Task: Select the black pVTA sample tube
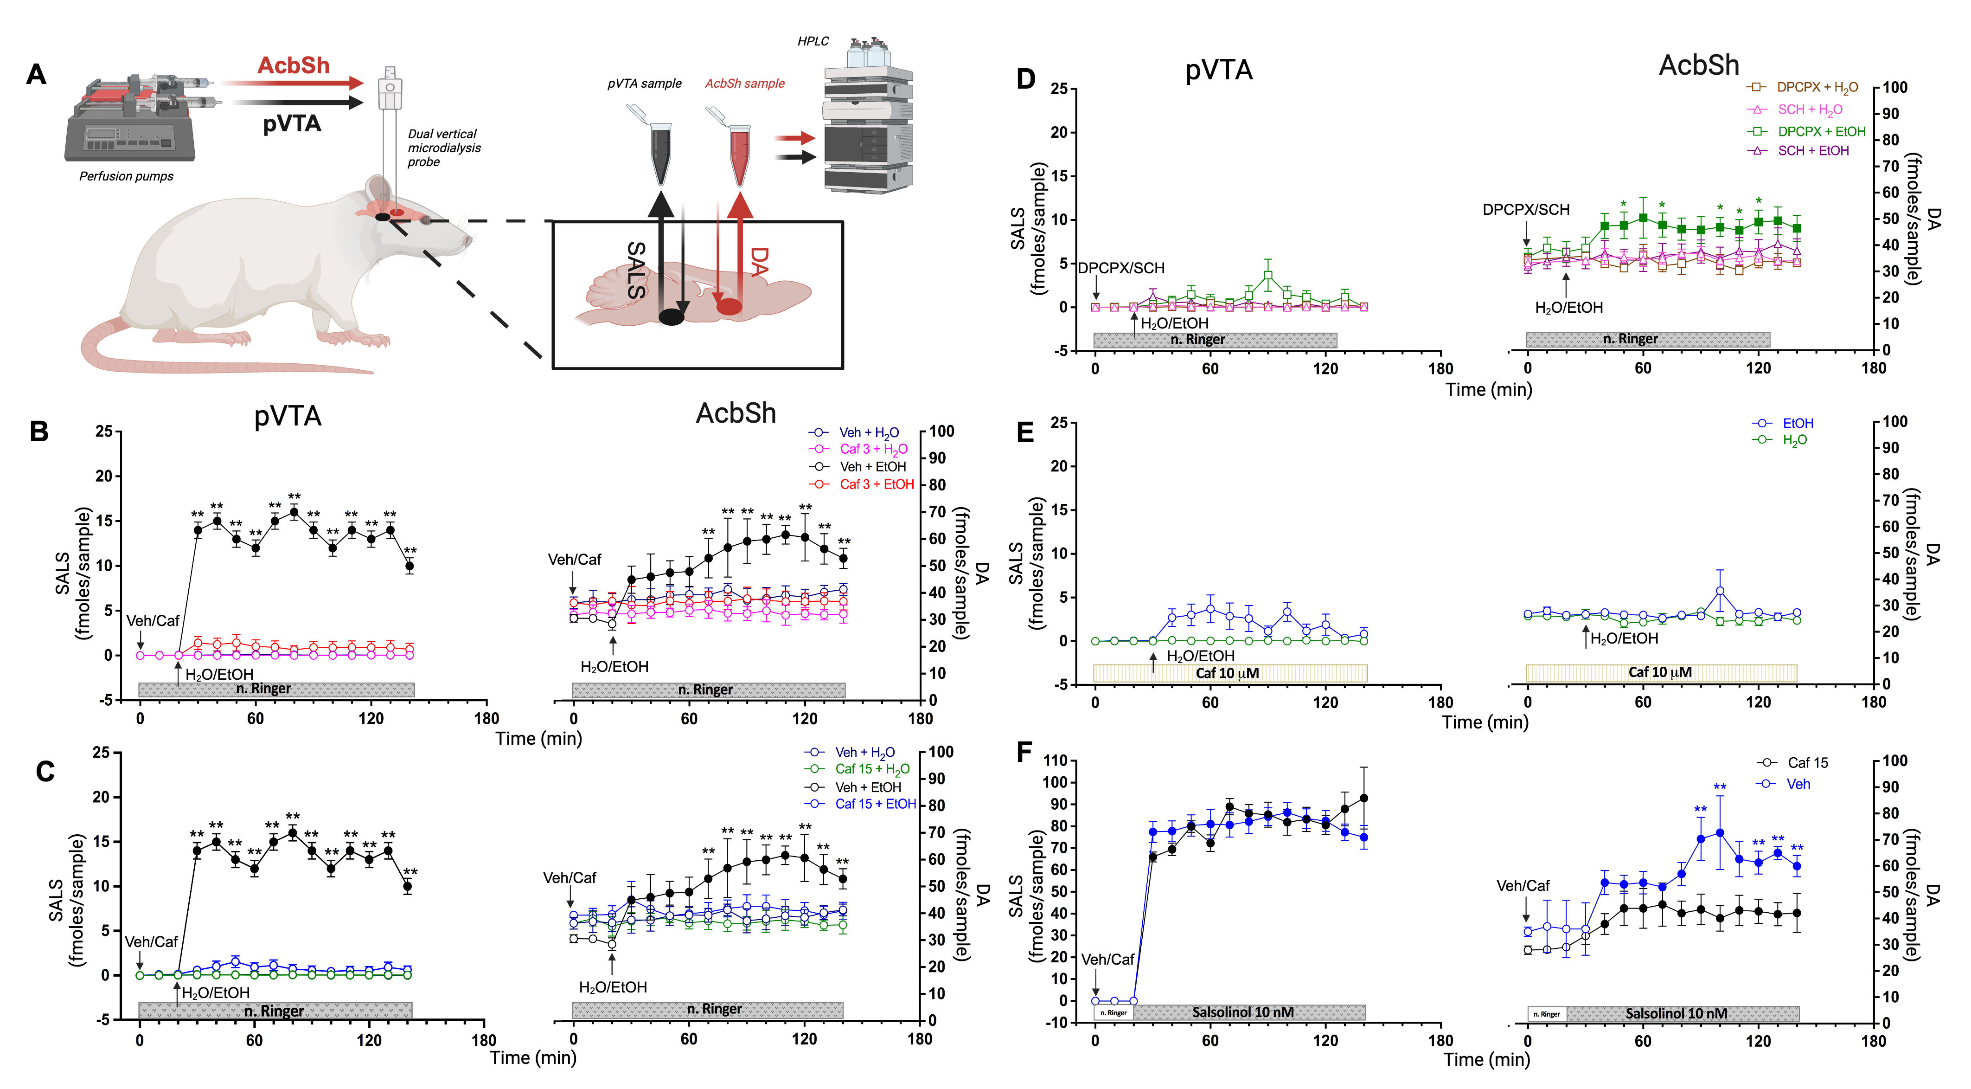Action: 659,153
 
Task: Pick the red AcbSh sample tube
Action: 738,153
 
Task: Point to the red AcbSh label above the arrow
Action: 293,66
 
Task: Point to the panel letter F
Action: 1024,752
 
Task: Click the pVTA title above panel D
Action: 1219,71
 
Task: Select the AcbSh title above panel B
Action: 736,413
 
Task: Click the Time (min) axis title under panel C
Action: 533,1057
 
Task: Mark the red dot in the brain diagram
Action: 729,307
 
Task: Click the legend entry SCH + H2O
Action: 1809,110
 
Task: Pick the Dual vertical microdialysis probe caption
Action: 444,148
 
